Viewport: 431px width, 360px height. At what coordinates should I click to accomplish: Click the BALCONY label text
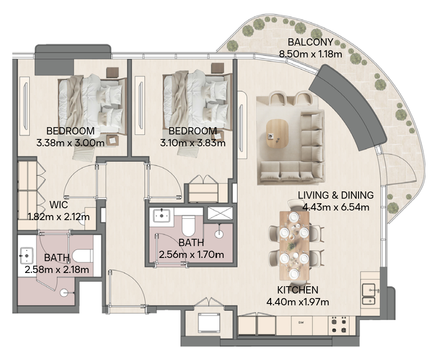pyautogui.click(x=310, y=42)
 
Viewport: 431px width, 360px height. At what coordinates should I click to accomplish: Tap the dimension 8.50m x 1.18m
pyautogui.click(x=310, y=54)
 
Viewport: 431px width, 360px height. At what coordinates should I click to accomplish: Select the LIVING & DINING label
pyautogui.click(x=335, y=195)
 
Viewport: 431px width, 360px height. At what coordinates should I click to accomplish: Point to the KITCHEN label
pyautogui.click(x=298, y=290)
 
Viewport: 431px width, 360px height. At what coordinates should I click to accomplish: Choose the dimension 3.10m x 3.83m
pyautogui.click(x=193, y=143)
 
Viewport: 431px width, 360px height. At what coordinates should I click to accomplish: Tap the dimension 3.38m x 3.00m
pyautogui.click(x=70, y=143)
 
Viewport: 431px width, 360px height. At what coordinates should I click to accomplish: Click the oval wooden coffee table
pyautogui.click(x=277, y=132)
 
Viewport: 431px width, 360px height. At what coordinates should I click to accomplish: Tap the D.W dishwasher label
pyautogui.click(x=301, y=323)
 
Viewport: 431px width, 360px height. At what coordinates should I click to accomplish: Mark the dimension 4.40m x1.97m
pyautogui.click(x=298, y=301)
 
